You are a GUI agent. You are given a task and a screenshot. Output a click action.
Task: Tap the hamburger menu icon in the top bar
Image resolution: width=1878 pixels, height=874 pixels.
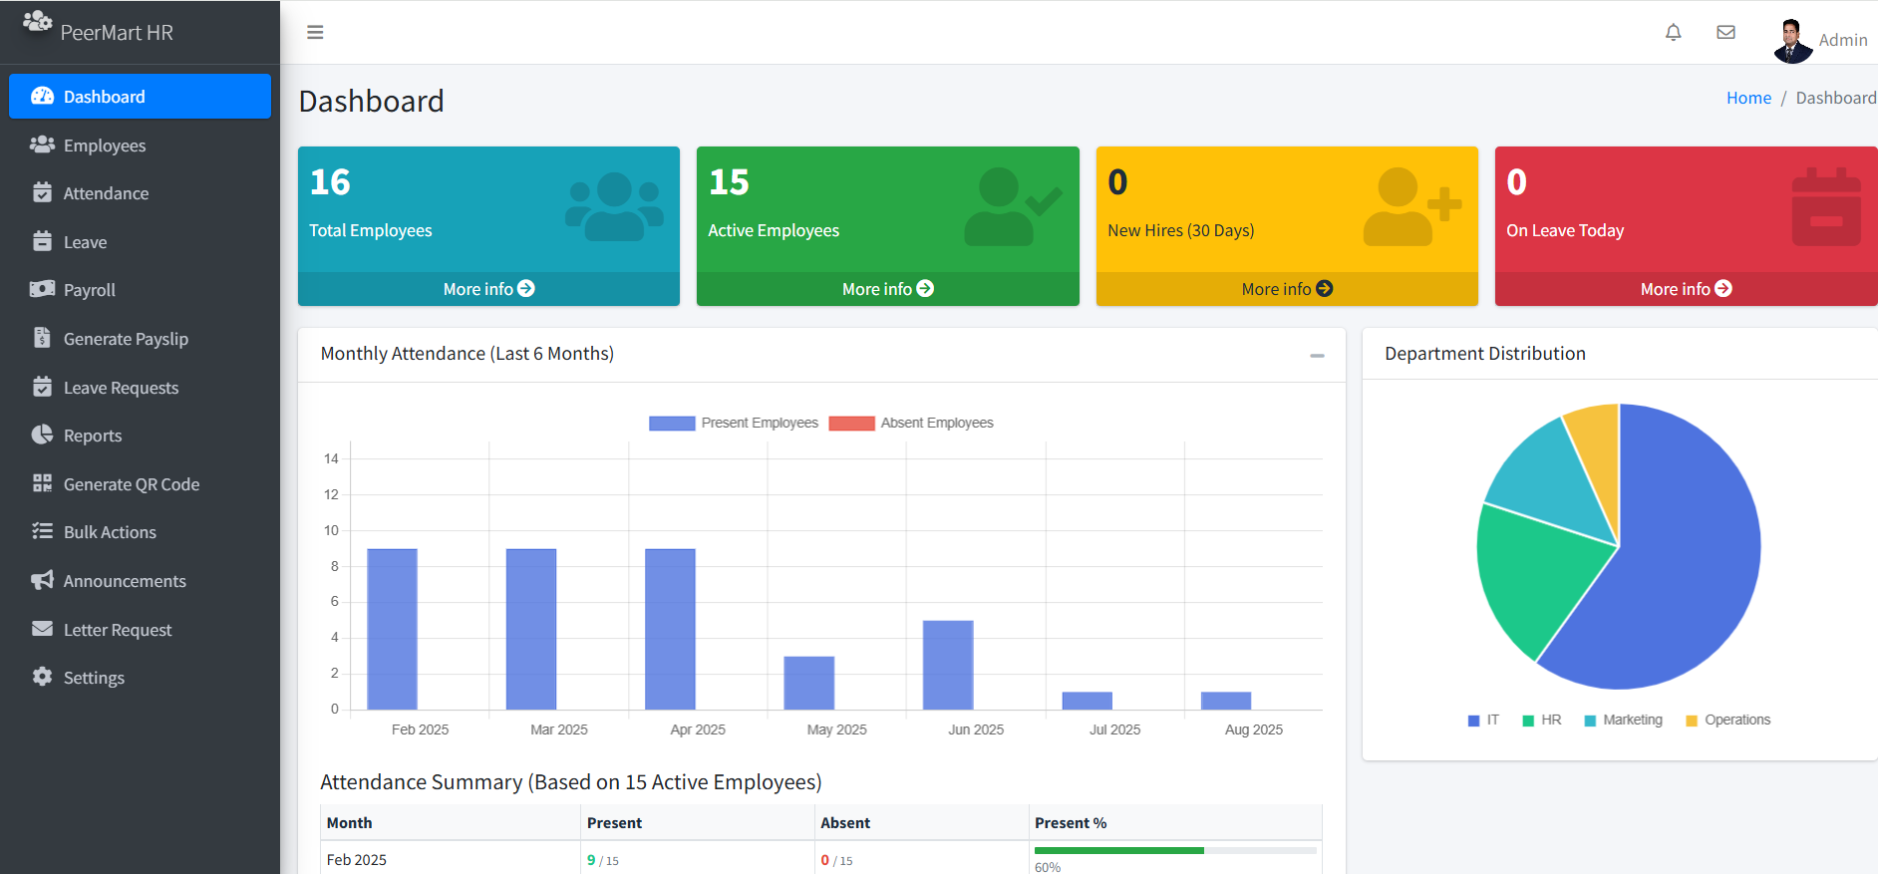[x=315, y=33]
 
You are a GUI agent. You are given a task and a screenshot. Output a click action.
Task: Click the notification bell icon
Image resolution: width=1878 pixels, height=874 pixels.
[x=1674, y=33]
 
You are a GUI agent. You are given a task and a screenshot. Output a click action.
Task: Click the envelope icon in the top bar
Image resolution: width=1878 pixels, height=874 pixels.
[x=1726, y=33]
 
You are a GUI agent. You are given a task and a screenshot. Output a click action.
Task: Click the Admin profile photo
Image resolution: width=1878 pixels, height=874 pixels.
[x=1793, y=41]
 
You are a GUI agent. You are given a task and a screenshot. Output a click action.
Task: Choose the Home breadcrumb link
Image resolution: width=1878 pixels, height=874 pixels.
[x=1748, y=98]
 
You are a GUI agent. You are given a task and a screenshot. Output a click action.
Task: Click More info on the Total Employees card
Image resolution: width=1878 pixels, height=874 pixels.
[x=488, y=289]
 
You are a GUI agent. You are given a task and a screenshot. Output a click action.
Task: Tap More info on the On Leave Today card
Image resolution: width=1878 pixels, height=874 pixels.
[x=1686, y=289]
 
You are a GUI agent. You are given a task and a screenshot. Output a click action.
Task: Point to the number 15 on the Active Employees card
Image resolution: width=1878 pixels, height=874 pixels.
[x=729, y=182]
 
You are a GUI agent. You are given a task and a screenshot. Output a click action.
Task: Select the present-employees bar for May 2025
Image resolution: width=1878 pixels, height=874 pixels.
[x=809, y=683]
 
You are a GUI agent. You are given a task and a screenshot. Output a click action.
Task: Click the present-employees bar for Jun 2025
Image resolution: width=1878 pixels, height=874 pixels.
[x=948, y=665]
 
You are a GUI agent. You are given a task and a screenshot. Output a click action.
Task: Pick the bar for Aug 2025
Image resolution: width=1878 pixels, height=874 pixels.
[x=1226, y=701]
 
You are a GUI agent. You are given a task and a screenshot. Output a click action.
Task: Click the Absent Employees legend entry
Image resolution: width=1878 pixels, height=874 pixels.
[x=911, y=423]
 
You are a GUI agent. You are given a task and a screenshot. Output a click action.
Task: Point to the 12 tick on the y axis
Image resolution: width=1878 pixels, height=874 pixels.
[x=331, y=494]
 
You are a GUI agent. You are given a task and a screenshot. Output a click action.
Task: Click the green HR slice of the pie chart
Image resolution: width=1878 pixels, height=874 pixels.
[x=1532, y=573]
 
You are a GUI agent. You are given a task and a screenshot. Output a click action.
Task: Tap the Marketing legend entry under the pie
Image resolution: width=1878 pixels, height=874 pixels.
[x=1623, y=720]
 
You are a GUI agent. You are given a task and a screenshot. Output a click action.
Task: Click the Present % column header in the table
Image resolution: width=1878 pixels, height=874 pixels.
[x=1071, y=823]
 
